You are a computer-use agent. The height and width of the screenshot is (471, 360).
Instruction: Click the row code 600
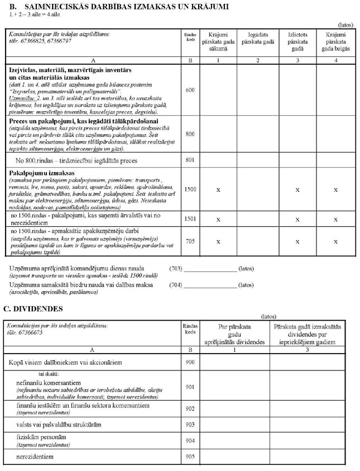(190, 90)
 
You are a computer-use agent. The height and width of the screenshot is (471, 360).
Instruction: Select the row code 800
(190, 134)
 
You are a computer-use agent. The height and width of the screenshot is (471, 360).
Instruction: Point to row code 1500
(190, 189)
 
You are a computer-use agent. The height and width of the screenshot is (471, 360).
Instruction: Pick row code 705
(190, 241)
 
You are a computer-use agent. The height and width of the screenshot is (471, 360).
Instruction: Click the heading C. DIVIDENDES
(33, 308)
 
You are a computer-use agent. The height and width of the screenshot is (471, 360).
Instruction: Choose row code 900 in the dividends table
(190, 363)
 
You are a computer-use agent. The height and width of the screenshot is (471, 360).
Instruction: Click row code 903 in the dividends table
(190, 425)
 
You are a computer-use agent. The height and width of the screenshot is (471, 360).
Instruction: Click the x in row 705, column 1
(218, 241)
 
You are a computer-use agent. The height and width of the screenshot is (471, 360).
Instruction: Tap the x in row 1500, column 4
(335, 189)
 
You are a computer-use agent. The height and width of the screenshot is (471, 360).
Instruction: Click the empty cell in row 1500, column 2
(257, 189)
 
